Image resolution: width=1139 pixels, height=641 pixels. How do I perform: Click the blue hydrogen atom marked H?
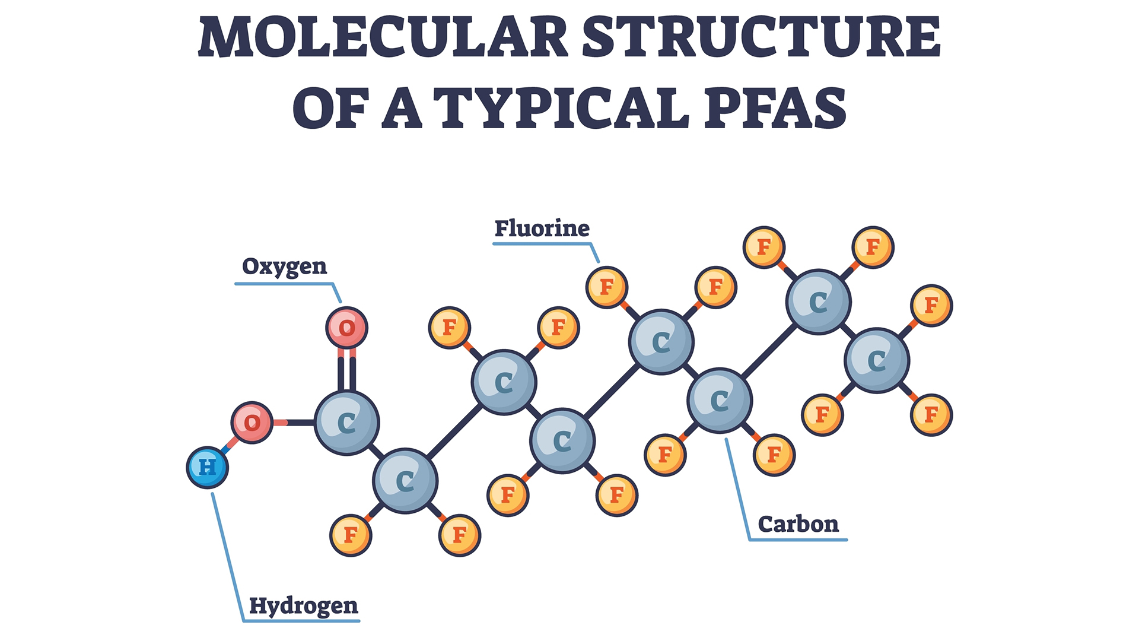(208, 468)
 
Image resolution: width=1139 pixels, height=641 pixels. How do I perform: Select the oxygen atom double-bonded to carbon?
(347, 328)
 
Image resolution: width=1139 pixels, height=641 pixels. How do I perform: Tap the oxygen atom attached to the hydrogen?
(252, 423)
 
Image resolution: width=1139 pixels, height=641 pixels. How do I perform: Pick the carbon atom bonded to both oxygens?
(347, 423)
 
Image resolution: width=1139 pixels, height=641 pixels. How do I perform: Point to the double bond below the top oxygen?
(347, 369)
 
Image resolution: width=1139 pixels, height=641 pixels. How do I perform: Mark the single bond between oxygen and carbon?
(294, 423)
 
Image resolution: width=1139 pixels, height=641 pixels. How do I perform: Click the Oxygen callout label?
(285, 267)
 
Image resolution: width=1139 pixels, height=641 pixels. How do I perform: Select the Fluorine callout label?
(542, 229)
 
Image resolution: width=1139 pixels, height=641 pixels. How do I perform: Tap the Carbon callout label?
(798, 525)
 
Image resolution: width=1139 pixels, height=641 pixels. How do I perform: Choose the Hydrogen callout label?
(304, 607)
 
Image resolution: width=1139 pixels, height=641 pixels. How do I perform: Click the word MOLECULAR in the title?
(383, 37)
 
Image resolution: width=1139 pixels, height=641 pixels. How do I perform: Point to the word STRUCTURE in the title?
(761, 37)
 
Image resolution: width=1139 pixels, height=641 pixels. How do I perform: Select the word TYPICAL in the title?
(562, 108)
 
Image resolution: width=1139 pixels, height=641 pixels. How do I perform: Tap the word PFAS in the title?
(775, 108)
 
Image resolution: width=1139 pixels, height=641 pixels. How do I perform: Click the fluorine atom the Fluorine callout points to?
(607, 287)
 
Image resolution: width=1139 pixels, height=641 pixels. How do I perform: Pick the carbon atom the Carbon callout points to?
(720, 401)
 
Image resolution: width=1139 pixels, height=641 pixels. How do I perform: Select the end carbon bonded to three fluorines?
(877, 360)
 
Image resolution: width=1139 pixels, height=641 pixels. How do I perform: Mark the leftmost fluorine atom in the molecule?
(351, 535)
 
